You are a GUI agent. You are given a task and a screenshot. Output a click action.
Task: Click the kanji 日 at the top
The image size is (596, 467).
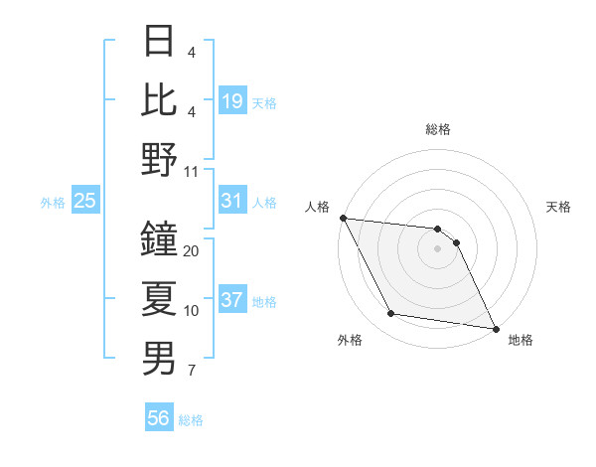pos(160,41)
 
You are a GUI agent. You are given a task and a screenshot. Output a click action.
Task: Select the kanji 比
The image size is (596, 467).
pos(160,99)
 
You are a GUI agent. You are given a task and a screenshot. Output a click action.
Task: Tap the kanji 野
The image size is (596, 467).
pos(160,159)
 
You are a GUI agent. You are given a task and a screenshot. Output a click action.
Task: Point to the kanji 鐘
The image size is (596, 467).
pos(160,238)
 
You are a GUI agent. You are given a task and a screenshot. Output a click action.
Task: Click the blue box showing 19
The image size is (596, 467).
pos(231,100)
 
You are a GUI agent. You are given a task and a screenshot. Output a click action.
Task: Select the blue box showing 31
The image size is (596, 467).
pos(231,201)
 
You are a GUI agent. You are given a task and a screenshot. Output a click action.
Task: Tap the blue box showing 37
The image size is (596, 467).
pos(231,300)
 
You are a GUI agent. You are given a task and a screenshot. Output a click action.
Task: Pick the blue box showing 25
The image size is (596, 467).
pos(85,201)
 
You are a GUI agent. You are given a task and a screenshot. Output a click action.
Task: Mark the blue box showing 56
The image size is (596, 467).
pos(159,418)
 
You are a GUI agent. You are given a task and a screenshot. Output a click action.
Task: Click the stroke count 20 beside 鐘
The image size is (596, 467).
pos(192,251)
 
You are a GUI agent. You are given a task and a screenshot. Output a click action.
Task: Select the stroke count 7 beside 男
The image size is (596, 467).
pos(191,372)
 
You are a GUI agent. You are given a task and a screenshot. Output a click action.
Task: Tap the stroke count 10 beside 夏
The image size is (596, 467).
pos(192,311)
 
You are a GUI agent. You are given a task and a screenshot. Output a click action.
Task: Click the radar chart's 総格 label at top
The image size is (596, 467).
pos(437,129)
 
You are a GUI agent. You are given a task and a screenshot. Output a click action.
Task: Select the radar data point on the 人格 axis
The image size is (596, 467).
pos(343,218)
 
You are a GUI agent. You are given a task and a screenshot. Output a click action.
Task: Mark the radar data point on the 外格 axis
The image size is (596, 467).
pos(391,314)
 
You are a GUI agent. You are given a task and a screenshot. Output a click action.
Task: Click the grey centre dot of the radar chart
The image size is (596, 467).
pos(437,248)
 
